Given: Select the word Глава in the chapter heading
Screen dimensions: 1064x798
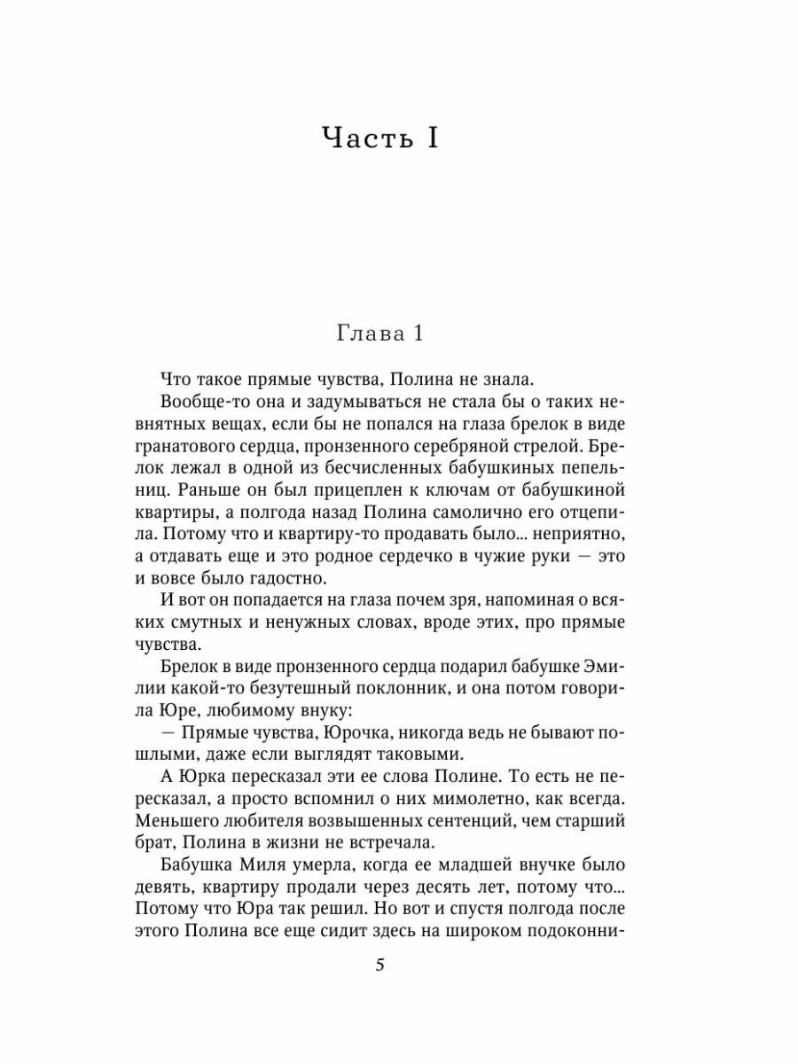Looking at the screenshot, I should (364, 335).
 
